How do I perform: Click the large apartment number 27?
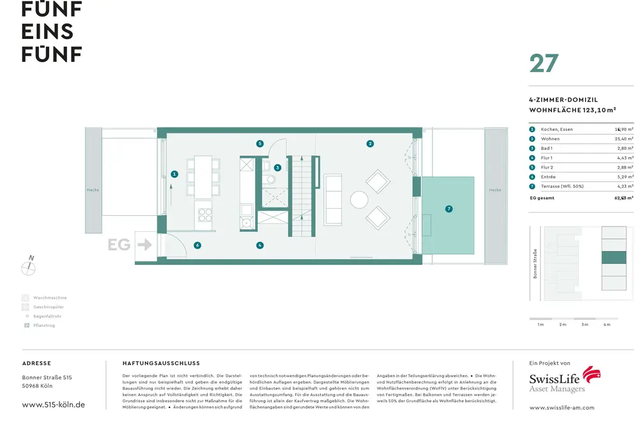544,64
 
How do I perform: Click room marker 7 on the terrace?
449,209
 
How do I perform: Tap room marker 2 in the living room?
370,144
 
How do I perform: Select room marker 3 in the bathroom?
277,168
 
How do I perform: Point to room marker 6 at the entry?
197,245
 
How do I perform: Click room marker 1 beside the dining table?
174,174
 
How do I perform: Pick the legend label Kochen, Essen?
557,129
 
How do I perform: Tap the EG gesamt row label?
542,198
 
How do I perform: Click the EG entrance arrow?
144,244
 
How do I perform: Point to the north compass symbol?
29,268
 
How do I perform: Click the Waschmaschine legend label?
50,298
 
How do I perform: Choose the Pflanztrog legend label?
44,326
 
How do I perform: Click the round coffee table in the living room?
359,200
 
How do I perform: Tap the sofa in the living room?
333,199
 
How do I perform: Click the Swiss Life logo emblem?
592,375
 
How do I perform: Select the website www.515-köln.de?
53,405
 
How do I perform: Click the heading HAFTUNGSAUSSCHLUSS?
161,363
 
